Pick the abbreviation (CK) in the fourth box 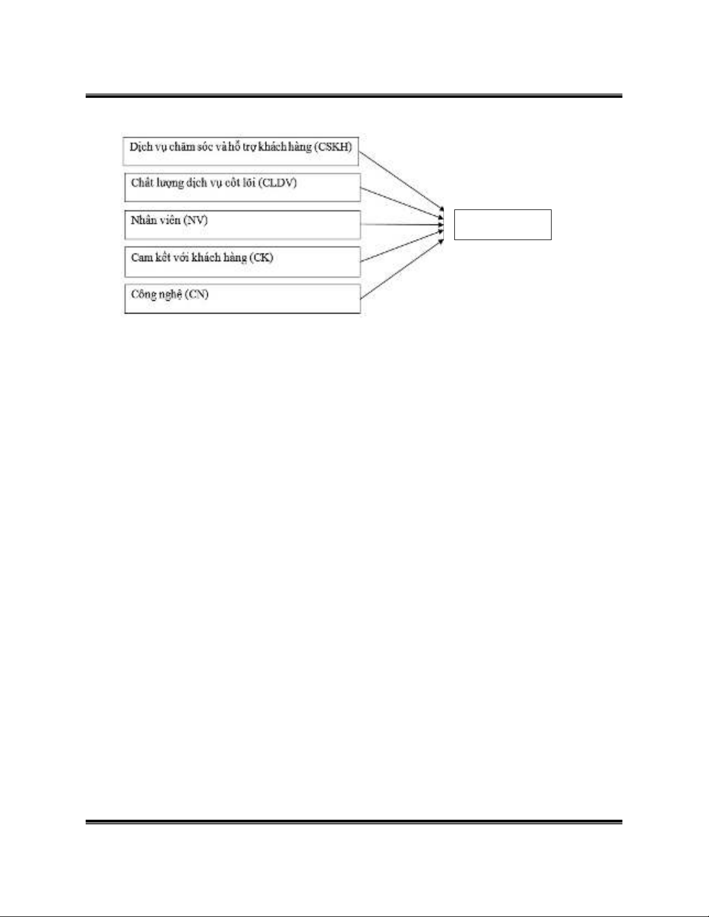click(261, 257)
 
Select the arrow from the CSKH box click(401, 181)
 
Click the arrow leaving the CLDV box click(402, 204)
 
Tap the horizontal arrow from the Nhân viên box click(402, 224)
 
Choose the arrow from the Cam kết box click(402, 246)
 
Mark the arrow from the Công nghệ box click(402, 269)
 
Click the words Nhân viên click(156, 220)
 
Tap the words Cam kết click(147, 257)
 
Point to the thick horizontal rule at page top click(354, 96)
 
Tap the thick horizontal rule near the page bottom click(354, 822)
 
